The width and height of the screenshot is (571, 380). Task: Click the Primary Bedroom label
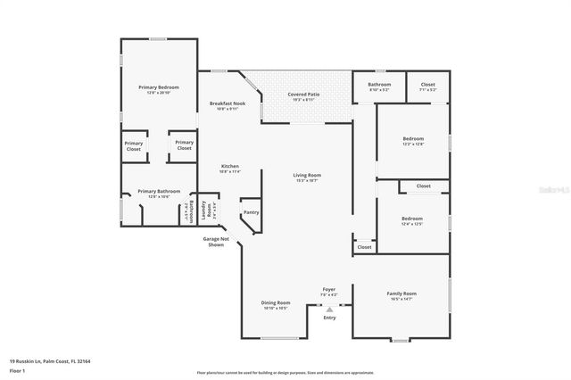point(159,87)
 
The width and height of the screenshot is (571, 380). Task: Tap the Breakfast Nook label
point(228,103)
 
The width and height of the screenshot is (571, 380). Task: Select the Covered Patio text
point(303,95)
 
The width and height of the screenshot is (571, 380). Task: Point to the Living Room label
point(307,175)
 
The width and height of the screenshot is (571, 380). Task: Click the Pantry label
point(251,212)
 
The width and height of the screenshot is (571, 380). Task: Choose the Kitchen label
point(230,167)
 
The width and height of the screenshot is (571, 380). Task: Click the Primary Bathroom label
point(159,191)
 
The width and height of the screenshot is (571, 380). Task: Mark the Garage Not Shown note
point(217,242)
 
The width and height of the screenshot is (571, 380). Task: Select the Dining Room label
point(275,302)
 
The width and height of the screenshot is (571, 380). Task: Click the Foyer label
point(329,289)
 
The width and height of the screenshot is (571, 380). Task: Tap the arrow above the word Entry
point(329,309)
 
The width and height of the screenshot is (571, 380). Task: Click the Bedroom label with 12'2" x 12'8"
point(412,139)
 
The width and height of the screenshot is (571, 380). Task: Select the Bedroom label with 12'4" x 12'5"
point(411,219)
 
